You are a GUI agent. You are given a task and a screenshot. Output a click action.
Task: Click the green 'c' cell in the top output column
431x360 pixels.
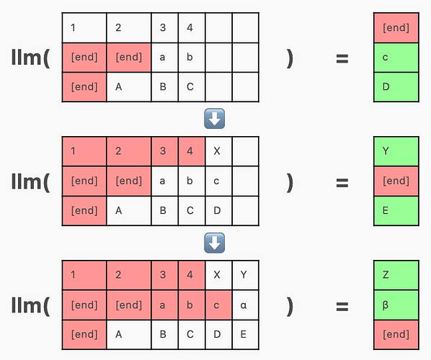(x=396, y=58)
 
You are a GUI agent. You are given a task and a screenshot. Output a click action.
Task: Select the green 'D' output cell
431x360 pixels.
(x=396, y=87)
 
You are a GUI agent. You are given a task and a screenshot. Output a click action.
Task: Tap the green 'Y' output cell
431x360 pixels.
(x=396, y=151)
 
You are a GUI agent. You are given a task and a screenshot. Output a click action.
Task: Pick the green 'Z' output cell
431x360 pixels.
(x=396, y=275)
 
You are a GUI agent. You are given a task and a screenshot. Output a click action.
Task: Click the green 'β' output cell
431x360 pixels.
(x=396, y=305)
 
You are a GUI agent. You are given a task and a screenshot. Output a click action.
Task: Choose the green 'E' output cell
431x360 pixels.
(x=396, y=211)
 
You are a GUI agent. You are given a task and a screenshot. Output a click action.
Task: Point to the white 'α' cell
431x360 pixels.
(x=246, y=305)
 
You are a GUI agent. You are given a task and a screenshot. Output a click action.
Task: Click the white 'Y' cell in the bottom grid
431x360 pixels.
(x=246, y=275)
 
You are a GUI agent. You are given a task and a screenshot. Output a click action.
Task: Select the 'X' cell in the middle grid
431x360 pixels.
(x=218, y=151)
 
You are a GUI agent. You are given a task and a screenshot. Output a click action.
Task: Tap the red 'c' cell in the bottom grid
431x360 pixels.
(x=218, y=305)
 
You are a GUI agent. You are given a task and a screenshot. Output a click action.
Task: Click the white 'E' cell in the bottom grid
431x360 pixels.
(x=246, y=335)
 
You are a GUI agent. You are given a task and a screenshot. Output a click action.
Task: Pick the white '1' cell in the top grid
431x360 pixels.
(x=84, y=28)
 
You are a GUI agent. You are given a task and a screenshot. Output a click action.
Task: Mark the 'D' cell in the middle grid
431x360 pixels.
(x=218, y=211)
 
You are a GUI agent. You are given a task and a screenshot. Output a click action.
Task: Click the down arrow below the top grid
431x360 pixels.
(x=214, y=119)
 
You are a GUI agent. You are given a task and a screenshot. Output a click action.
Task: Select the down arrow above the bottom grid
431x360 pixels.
(x=214, y=243)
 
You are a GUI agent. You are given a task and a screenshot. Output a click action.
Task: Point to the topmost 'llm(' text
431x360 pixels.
(x=31, y=58)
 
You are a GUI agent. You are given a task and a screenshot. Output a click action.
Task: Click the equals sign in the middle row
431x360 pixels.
(x=342, y=183)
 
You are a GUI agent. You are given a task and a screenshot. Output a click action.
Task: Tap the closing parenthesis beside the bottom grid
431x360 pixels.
(x=290, y=306)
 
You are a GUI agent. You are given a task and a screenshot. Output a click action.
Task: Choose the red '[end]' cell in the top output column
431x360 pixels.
(x=396, y=28)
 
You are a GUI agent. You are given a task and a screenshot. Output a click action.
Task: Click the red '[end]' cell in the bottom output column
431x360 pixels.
(x=396, y=335)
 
